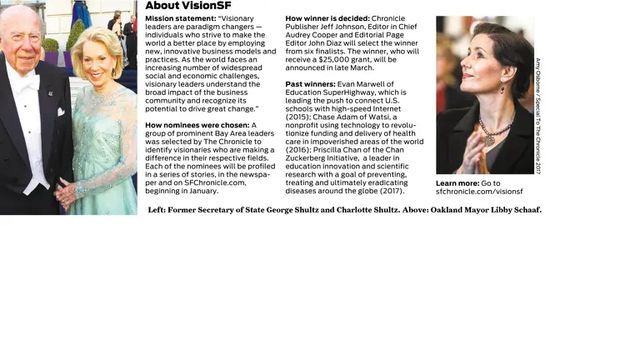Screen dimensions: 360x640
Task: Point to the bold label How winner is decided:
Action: pos(327,17)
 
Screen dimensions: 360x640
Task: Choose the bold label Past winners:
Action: pos(311,84)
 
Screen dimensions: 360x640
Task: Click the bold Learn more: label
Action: pos(457,183)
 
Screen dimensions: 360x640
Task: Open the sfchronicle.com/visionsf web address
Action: pos(479,192)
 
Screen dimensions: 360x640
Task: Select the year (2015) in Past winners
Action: pos(298,117)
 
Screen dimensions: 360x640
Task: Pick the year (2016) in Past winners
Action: pos(298,150)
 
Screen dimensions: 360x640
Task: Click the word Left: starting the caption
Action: pos(157,209)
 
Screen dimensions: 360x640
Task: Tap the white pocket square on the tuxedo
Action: pos(61,112)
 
